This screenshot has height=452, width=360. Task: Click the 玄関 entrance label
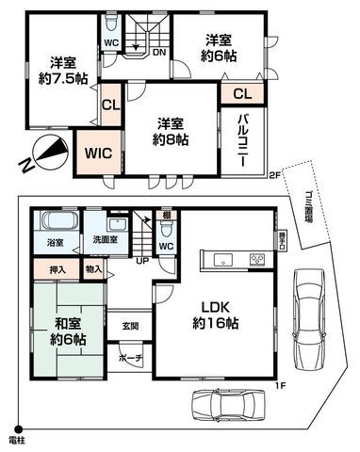pyautogui.click(x=130, y=326)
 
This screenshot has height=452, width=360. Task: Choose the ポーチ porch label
pyautogui.click(x=130, y=359)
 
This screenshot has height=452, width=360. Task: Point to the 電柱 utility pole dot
pyautogui.click(x=16, y=429)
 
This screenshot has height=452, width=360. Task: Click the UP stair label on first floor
pyautogui.click(x=141, y=259)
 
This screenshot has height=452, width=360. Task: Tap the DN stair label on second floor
pyautogui.click(x=159, y=54)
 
